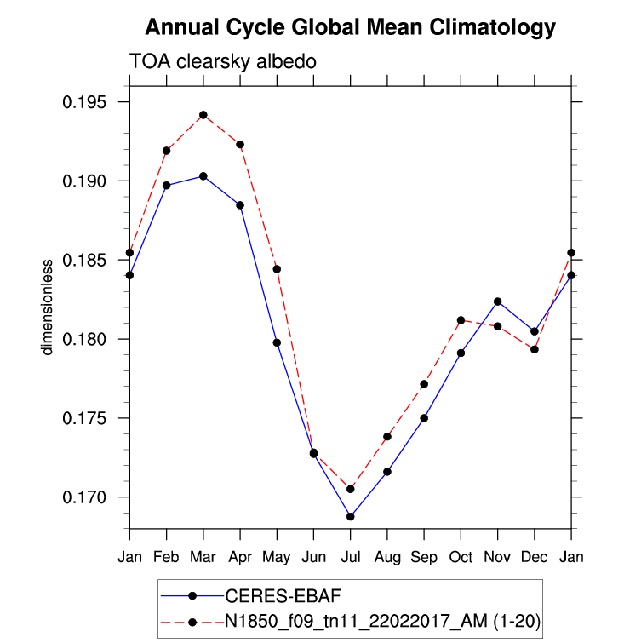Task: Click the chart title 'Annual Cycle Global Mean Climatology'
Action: click(x=350, y=27)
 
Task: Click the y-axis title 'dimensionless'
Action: click(x=49, y=307)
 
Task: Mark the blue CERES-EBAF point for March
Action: click(x=203, y=176)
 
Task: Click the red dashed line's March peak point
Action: click(x=203, y=115)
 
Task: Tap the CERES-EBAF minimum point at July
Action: click(x=350, y=516)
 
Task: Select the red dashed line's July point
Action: click(x=350, y=489)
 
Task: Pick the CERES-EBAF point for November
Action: click(x=497, y=301)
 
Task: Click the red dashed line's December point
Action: click(x=535, y=349)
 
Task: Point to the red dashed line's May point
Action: click(x=277, y=269)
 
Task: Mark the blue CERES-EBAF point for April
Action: click(x=240, y=205)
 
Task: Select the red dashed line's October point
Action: click(x=461, y=320)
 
